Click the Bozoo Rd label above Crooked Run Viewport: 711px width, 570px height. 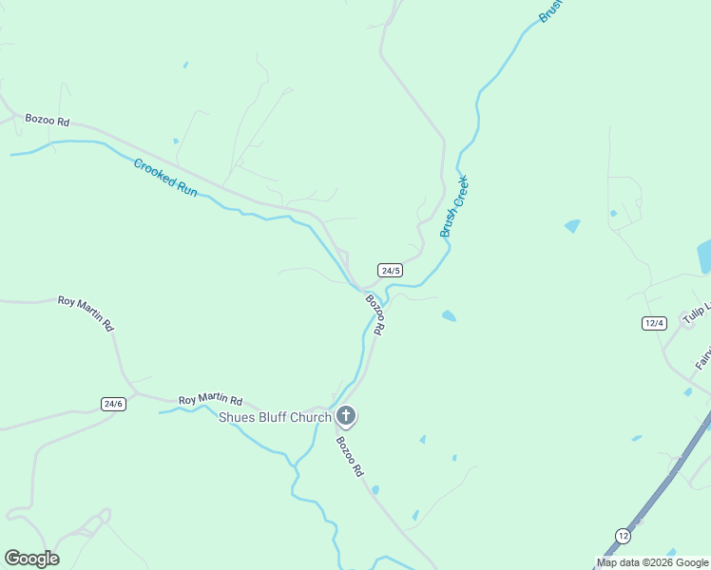[x=48, y=121]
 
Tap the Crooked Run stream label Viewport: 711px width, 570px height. [x=165, y=178]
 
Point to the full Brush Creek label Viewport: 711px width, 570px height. [x=454, y=206]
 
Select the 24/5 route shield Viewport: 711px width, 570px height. [x=390, y=271]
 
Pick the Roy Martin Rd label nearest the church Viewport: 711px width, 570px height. [x=210, y=401]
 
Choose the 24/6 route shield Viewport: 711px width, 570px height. [x=113, y=404]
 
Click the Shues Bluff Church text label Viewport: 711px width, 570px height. [x=275, y=417]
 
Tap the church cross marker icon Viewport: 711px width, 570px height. [x=346, y=415]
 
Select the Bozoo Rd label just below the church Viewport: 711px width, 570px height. [x=349, y=456]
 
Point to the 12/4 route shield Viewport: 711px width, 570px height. [x=653, y=323]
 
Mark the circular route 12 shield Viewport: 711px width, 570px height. [x=622, y=536]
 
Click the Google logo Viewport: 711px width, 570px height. [x=31, y=559]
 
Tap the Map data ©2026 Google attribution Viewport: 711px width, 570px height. [x=652, y=562]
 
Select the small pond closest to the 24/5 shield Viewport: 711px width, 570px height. [x=449, y=315]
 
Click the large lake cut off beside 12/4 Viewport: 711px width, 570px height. [x=704, y=256]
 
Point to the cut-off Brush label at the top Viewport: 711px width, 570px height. [x=552, y=9]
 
